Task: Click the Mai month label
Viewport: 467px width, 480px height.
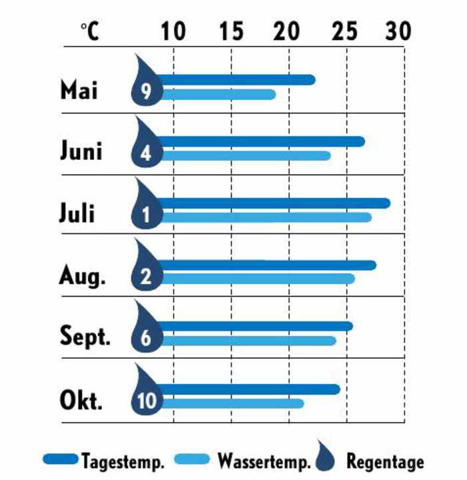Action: tap(79, 90)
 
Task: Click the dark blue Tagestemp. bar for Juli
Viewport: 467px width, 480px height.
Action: tap(273, 203)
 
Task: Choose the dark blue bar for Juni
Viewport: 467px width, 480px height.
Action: tap(260, 141)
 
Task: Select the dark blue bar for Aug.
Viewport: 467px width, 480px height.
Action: tap(266, 265)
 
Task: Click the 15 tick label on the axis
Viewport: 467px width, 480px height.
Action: tap(231, 31)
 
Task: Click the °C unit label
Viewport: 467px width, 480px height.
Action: tap(89, 31)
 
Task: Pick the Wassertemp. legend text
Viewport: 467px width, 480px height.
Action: tap(264, 461)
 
